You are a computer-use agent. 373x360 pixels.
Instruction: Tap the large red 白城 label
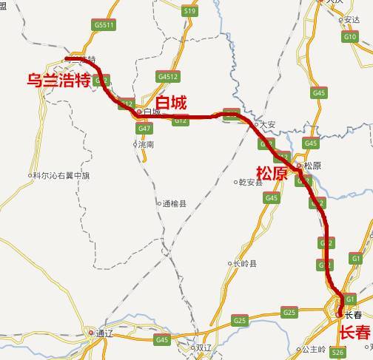171,102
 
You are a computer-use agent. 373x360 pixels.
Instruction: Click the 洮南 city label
146,145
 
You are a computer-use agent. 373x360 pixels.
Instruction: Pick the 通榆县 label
175,203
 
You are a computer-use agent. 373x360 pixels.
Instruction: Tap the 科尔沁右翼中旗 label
61,176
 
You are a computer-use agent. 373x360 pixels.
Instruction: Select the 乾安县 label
251,181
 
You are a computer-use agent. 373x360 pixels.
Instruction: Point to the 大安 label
267,124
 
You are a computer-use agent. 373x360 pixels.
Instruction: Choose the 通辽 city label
104,333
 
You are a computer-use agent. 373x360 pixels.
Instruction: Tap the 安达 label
352,20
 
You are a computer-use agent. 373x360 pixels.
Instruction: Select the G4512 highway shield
168,75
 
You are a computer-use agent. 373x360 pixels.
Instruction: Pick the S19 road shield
189,11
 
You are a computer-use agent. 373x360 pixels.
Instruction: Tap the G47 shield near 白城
144,128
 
